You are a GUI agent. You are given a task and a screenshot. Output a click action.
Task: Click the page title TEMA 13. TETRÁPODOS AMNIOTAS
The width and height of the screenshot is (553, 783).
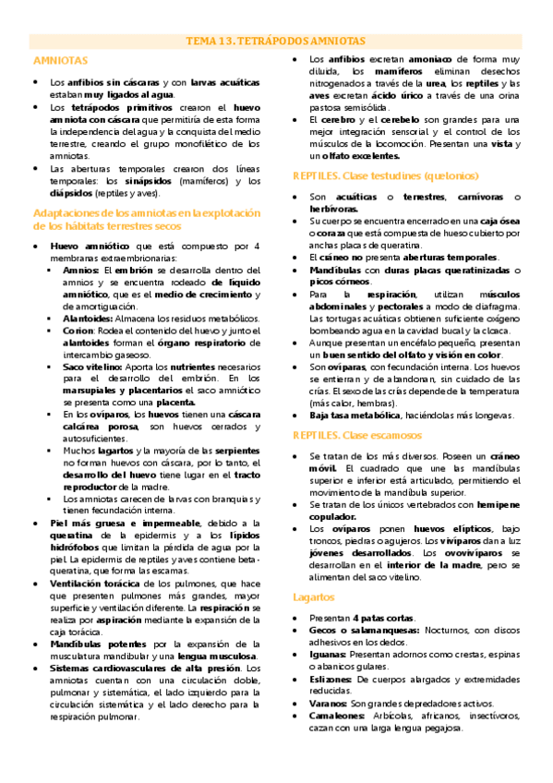(x=276, y=41)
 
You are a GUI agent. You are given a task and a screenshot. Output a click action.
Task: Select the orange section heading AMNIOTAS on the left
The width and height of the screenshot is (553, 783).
(x=54, y=60)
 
